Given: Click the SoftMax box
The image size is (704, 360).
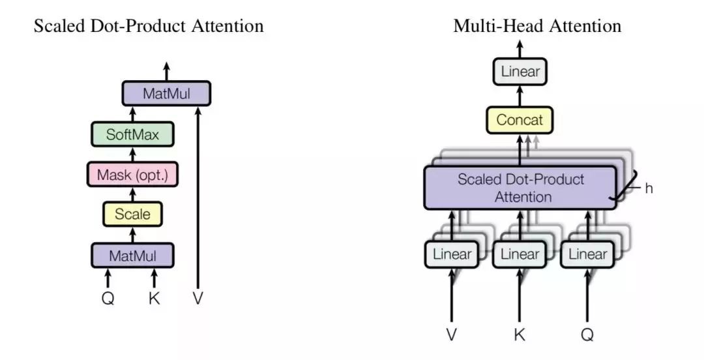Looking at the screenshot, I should click(x=133, y=135).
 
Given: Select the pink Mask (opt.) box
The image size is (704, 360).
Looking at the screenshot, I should click(x=133, y=174).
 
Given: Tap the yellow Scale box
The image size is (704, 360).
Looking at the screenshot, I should click(x=133, y=213).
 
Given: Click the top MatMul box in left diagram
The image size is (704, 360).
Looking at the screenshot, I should click(x=166, y=94).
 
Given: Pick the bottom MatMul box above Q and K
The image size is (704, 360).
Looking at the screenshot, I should click(x=133, y=255).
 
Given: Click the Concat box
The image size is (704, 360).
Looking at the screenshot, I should click(x=520, y=120).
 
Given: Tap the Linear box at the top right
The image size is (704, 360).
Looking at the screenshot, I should click(x=520, y=71).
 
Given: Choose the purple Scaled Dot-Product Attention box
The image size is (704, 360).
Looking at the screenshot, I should click(x=520, y=188).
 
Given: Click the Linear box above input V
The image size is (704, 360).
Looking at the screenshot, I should click(x=452, y=254).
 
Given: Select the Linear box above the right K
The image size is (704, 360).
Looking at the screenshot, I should click(x=520, y=254).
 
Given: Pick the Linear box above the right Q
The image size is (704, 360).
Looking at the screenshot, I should click(x=587, y=254).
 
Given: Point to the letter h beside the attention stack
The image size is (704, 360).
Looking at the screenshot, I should click(x=649, y=188).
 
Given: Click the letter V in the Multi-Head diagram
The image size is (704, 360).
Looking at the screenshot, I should click(x=452, y=335).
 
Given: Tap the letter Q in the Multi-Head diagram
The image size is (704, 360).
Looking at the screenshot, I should click(x=587, y=335).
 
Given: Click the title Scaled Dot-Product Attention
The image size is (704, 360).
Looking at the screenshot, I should click(x=149, y=26).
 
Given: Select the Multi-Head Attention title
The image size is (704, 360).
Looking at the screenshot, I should click(x=537, y=26).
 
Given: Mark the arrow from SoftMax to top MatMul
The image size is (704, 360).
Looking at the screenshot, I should click(x=133, y=114).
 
